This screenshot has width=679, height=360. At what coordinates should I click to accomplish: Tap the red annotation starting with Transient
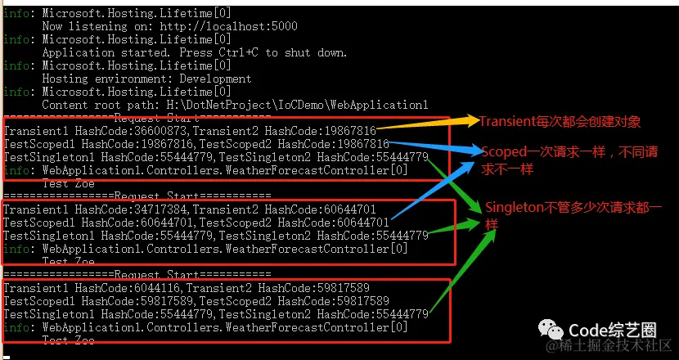pos(560,122)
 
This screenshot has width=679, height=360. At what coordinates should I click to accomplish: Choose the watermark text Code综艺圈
pos(613,330)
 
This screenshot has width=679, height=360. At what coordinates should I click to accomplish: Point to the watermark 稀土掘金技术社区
pos(614,348)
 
